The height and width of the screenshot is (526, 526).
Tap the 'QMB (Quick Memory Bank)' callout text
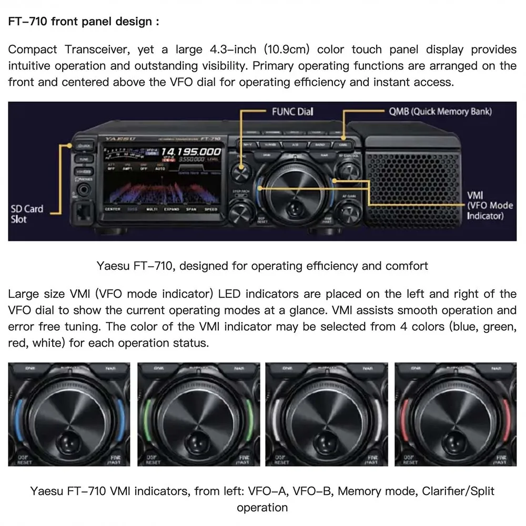click(440, 112)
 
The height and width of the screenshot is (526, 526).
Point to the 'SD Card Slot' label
click(27, 214)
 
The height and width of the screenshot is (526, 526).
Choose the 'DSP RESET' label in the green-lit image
click(153, 460)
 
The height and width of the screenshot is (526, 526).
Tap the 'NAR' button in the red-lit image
click(495, 368)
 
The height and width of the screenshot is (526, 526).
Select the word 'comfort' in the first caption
click(407, 266)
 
